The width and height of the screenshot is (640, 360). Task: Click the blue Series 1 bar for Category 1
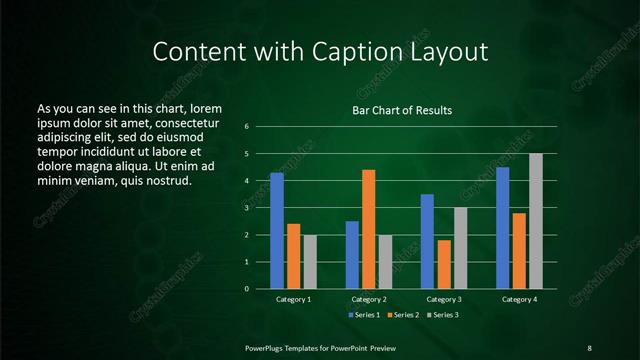pos(277,231)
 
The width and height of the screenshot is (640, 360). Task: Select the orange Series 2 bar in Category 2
pos(368,229)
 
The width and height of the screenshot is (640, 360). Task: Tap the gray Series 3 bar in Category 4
pos(536,221)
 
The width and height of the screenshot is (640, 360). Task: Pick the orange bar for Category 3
pos(443,264)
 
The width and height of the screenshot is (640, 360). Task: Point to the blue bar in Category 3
pos(427,241)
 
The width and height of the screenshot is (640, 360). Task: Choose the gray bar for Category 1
pos(309,262)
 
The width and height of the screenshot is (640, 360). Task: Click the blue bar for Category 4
pos(503,228)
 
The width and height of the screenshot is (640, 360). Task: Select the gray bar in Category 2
pos(385,262)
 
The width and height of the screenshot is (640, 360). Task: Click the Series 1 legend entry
pos(364,315)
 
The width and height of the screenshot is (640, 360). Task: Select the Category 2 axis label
pos(369,299)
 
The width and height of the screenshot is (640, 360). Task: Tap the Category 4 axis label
pos(519,299)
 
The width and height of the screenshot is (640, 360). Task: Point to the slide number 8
pos(589,347)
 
